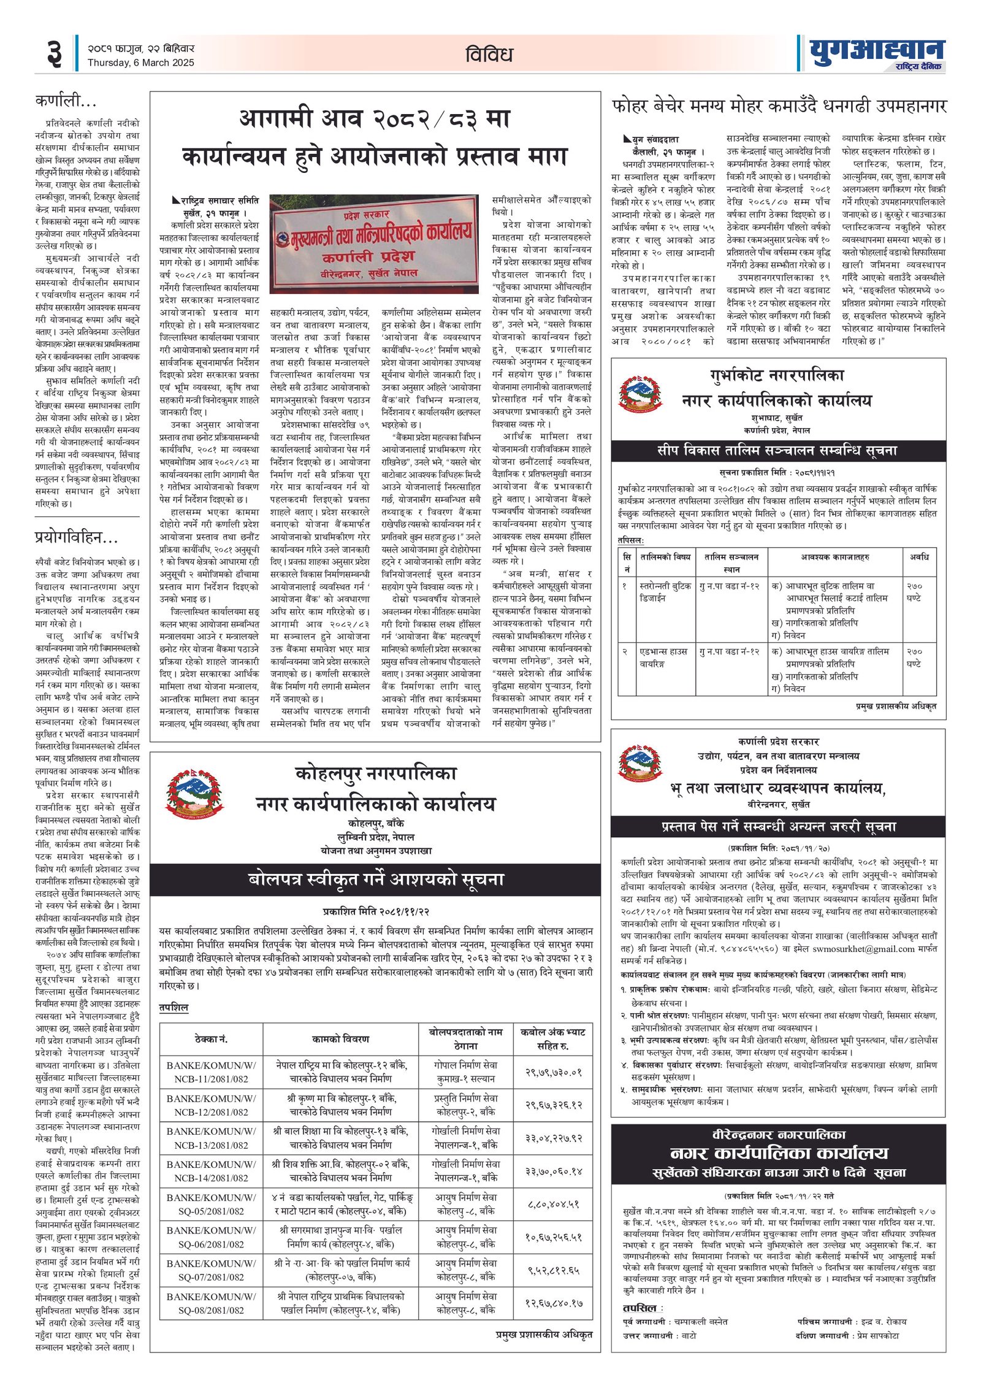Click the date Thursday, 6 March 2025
pos(140,63)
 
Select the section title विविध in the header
pos(489,55)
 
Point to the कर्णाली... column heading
pos(66,101)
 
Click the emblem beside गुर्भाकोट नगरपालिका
pos(640,394)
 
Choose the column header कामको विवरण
pos(340,1039)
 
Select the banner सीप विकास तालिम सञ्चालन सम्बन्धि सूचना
pos(777,450)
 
